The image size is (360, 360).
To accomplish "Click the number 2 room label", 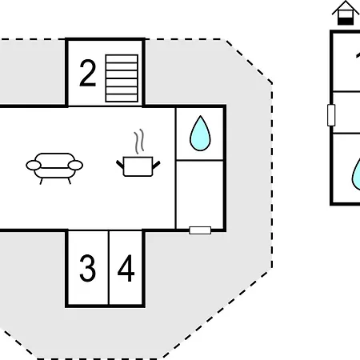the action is pyautogui.click(x=87, y=73).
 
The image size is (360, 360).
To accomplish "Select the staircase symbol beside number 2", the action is pyautogui.click(x=122, y=78).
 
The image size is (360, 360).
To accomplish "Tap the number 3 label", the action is pyautogui.click(x=87, y=268).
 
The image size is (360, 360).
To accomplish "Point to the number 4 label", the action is pyautogui.click(x=126, y=268).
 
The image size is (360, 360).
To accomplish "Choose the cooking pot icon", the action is pyautogui.click(x=138, y=166).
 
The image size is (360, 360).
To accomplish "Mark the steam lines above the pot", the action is pyautogui.click(x=139, y=142).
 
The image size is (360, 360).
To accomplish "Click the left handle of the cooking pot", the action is pyautogui.click(x=120, y=164).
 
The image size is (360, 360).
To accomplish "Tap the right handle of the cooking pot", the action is pyautogui.click(x=156, y=165).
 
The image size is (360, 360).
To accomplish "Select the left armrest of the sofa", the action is pyautogui.click(x=34, y=166).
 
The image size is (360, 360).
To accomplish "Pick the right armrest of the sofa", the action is pyautogui.click(x=75, y=166).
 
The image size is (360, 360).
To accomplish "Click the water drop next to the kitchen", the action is pyautogui.click(x=200, y=134).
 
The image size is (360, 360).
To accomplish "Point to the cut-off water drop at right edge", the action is pyautogui.click(x=357, y=174).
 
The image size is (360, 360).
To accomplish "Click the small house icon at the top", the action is pyautogui.click(x=346, y=13).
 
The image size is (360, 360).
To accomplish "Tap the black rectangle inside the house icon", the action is pyautogui.click(x=346, y=21).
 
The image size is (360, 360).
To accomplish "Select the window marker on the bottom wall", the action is pyautogui.click(x=200, y=230).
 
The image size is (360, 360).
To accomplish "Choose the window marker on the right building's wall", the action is pyautogui.click(x=331, y=115).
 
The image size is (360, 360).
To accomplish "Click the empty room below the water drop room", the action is pyautogui.click(x=200, y=194).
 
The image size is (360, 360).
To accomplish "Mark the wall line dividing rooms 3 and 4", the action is pyautogui.click(x=109, y=267).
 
